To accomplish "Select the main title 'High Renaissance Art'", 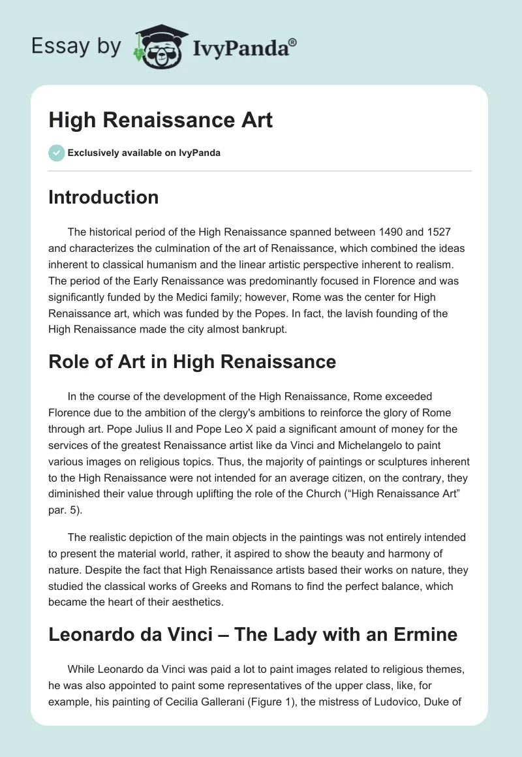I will (161, 120).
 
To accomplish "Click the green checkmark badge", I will (56, 153).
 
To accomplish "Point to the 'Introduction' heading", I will (103, 197).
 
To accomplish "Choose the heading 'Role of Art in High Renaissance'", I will (192, 362).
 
